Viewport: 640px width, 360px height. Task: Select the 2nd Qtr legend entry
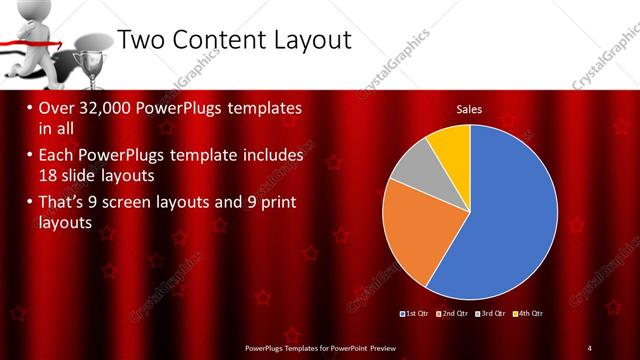pos(455,314)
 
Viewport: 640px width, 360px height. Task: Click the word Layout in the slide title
pos(304,39)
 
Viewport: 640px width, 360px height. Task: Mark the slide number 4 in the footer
pos(590,347)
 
